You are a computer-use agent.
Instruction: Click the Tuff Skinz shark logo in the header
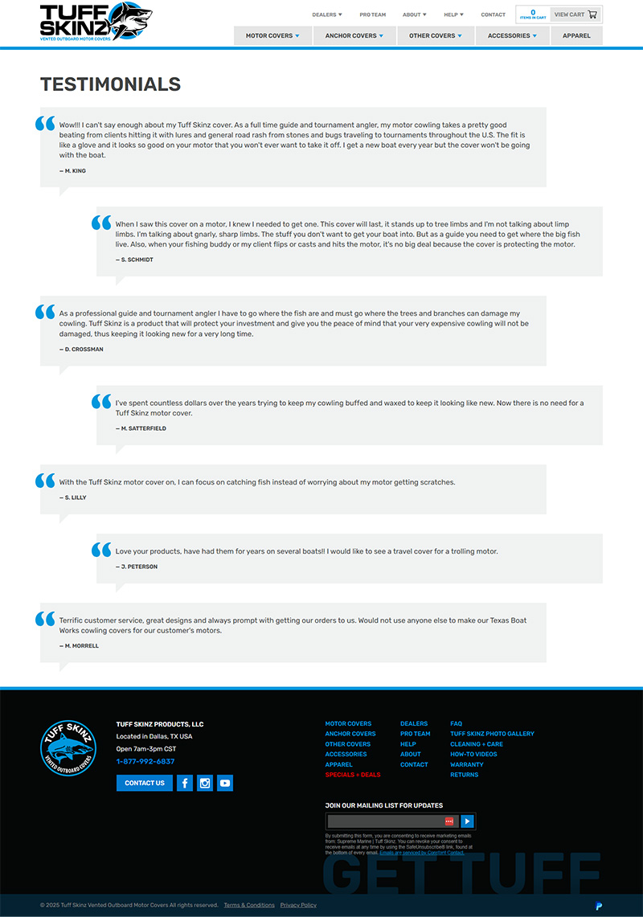(x=96, y=22)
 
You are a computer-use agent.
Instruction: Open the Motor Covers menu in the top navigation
(x=272, y=36)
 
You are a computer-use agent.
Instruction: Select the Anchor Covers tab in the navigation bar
(x=354, y=36)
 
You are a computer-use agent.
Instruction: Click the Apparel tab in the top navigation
(x=576, y=36)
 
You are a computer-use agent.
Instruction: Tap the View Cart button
(x=575, y=14)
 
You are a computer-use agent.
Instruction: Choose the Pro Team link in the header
(x=372, y=14)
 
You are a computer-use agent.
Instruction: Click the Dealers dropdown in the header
(x=326, y=14)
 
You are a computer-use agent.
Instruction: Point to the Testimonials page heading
(x=110, y=84)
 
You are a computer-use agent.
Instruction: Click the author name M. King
(x=72, y=171)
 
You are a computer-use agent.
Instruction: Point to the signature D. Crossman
(x=81, y=350)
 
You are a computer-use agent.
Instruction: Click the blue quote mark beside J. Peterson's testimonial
(x=101, y=550)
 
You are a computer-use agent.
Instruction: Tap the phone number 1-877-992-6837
(x=145, y=761)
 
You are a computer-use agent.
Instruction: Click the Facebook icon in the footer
(x=184, y=783)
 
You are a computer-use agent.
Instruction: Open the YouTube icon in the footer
(x=224, y=783)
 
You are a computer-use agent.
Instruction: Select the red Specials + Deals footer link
(x=353, y=775)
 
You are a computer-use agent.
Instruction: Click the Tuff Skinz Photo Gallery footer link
(x=492, y=734)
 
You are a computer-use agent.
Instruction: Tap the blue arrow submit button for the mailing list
(x=468, y=821)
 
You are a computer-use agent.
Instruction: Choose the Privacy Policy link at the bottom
(x=298, y=905)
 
